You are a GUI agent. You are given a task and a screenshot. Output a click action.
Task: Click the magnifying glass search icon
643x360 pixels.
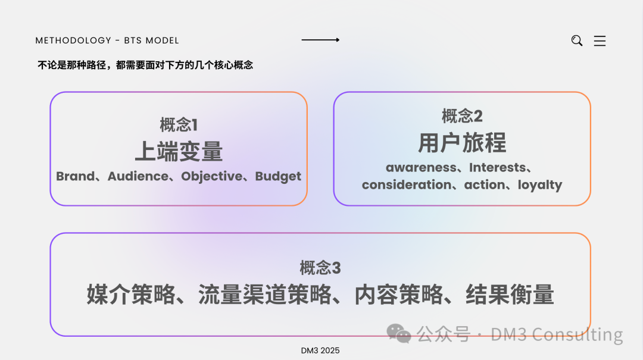[576, 40]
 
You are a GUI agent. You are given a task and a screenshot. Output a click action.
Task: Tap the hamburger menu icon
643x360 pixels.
[600, 41]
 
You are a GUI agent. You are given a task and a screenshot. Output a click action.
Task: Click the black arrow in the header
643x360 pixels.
[320, 40]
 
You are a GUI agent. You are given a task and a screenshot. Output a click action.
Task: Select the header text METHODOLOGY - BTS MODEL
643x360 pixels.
[107, 40]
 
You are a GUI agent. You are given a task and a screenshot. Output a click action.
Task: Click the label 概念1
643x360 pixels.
[179, 125]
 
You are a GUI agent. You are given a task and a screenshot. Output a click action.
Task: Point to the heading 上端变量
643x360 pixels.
[179, 152]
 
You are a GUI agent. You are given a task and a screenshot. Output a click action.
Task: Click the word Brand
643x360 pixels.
[75, 176]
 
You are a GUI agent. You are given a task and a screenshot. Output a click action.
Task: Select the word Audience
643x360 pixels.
[138, 176]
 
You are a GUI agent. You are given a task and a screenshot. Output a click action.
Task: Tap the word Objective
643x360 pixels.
[212, 176]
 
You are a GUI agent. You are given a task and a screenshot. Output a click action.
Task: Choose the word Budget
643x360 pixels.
[278, 176]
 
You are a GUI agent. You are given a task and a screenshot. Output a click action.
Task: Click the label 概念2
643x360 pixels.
[462, 115]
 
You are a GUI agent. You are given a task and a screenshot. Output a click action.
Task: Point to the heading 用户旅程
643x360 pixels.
[462, 143]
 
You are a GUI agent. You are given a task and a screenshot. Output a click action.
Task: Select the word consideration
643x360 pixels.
[407, 184]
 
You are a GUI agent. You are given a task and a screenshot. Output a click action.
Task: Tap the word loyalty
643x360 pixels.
[539, 184]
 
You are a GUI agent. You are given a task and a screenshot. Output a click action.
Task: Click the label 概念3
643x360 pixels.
[320, 268]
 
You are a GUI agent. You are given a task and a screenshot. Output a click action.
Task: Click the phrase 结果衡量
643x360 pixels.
[510, 295]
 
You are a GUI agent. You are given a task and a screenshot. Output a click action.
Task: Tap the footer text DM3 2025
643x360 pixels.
[320, 350]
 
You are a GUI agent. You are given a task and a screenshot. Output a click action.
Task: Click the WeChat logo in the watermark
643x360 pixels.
[399, 334]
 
